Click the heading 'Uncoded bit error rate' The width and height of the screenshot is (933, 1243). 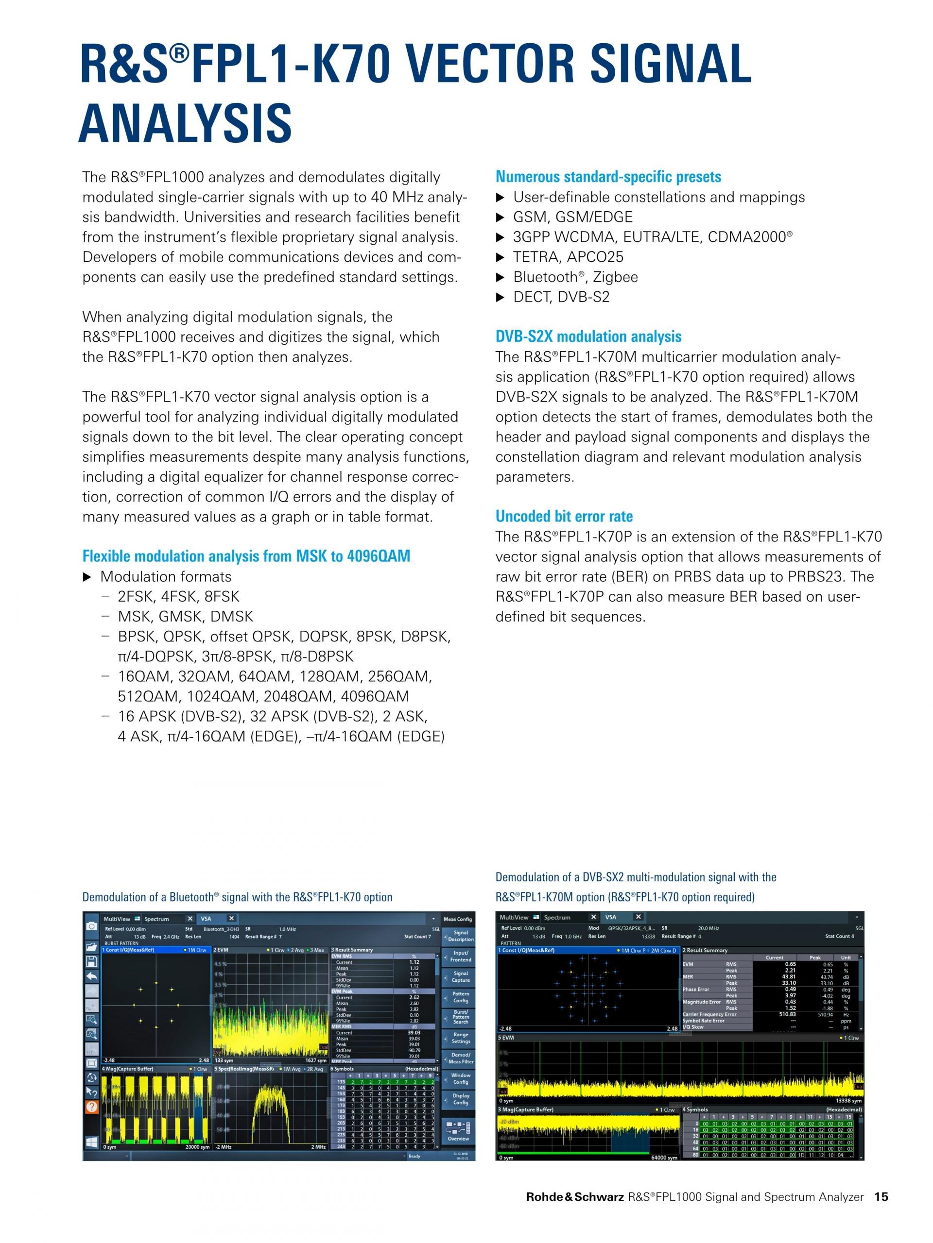564,517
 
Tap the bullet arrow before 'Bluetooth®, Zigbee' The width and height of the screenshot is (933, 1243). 500,278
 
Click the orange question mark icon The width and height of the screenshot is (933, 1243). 91,1107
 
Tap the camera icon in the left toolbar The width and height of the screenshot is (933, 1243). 91,925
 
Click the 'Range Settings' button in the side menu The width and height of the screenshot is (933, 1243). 461,1037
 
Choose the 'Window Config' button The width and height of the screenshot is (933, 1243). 461,1078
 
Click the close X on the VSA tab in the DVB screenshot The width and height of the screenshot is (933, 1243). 638,917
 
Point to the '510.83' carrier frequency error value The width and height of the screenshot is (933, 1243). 787,1014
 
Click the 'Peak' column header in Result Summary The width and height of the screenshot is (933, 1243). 814,957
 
